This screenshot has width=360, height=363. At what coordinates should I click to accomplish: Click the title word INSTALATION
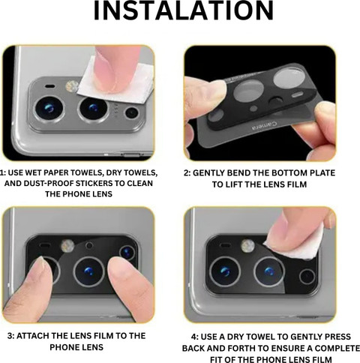184,11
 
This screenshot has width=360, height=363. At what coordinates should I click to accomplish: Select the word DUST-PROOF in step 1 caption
49,183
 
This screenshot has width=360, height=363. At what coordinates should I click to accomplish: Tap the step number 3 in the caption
10,336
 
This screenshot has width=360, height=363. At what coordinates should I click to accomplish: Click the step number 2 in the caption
187,173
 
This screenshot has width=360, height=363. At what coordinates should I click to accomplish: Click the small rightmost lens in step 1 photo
132,113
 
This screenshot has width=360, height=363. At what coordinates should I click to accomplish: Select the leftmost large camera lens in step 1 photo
49,109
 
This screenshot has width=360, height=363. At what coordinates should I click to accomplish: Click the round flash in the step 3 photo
67,246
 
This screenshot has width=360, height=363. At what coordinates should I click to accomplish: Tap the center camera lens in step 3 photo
89,271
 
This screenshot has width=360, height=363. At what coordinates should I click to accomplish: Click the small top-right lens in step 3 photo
127,253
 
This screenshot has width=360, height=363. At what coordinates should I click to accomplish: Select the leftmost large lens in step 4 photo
225,271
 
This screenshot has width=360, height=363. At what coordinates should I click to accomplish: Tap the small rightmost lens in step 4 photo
307,277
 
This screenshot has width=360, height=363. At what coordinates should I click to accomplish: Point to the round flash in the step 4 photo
247,245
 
